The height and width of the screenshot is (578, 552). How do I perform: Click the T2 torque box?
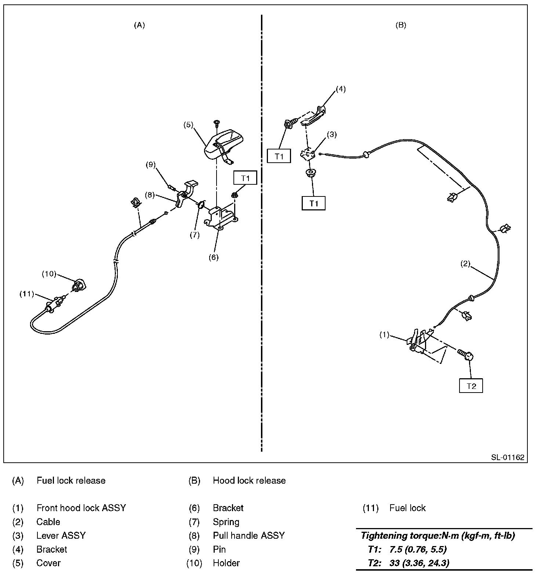point(471,386)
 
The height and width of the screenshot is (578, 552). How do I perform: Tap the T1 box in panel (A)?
point(245,178)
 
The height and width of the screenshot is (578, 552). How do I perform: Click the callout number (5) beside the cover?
point(188,125)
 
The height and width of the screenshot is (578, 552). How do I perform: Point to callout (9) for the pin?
point(151,165)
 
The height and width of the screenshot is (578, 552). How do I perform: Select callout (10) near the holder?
point(48,274)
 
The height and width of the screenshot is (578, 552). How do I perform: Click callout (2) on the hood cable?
point(465,264)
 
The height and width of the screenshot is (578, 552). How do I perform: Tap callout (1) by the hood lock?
point(384,335)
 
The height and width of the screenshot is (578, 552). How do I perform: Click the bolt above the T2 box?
point(466,355)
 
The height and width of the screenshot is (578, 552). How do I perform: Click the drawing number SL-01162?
point(508,458)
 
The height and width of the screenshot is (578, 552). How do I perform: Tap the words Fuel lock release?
point(71,481)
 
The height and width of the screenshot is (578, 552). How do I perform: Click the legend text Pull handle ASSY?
point(248,536)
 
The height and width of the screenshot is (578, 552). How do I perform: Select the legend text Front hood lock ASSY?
point(81,508)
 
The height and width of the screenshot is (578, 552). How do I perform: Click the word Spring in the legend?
point(226,522)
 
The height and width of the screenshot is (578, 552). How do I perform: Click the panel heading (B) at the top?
point(401,25)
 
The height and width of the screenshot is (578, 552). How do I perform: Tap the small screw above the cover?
point(216,122)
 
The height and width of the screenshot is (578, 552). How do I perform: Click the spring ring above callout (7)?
point(201,205)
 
